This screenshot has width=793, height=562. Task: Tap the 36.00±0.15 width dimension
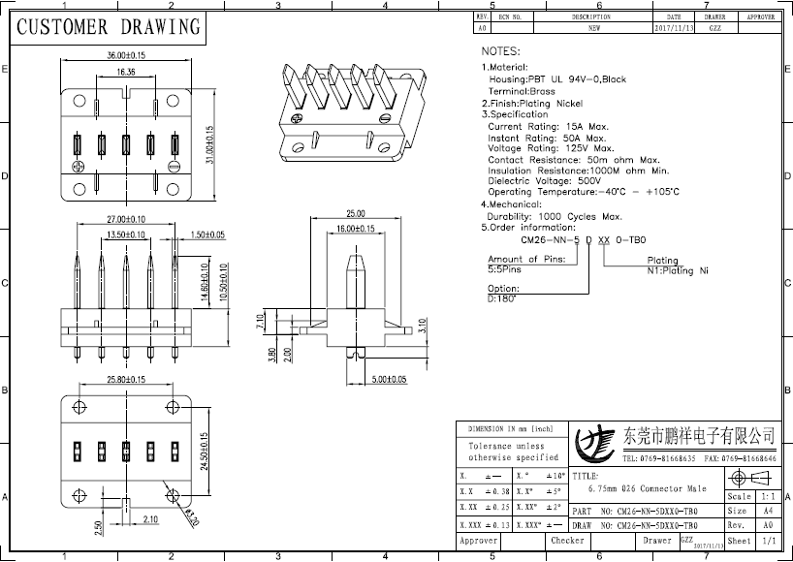pos(126,56)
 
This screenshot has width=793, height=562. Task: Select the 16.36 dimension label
pos(127,73)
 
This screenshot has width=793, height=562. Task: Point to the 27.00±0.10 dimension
pos(126,220)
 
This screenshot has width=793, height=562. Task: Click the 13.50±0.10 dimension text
pos(125,235)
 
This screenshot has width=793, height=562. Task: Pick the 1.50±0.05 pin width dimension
pos(207,235)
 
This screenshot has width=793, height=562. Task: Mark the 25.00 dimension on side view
pos(355,213)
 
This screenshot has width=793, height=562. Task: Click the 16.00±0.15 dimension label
pos(356,229)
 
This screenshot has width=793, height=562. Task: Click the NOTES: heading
pos(501,50)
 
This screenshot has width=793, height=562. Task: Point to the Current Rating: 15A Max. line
pos(548,126)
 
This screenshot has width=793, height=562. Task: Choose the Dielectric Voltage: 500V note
pos(545,181)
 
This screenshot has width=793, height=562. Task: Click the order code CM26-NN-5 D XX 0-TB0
pos(583,238)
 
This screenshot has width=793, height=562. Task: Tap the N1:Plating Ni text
pos(678,271)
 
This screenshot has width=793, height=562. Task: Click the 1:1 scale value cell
pos(768,495)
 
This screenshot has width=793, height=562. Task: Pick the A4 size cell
pos(768,511)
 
